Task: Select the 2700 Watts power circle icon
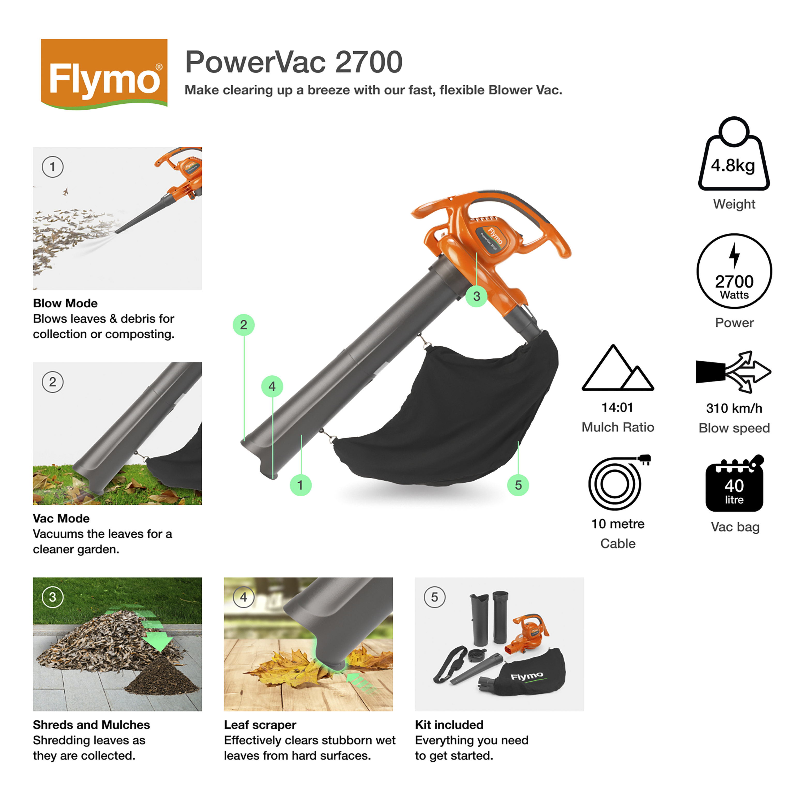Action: (734, 271)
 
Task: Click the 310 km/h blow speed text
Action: (734, 408)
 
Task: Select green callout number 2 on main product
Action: (243, 325)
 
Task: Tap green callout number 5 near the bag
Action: (518, 485)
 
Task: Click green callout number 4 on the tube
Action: (272, 386)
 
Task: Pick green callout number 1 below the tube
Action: (300, 485)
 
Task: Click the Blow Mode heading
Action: (65, 303)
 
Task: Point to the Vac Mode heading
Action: (61, 519)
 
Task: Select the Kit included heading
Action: (449, 725)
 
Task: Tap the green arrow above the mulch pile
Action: (157, 636)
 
